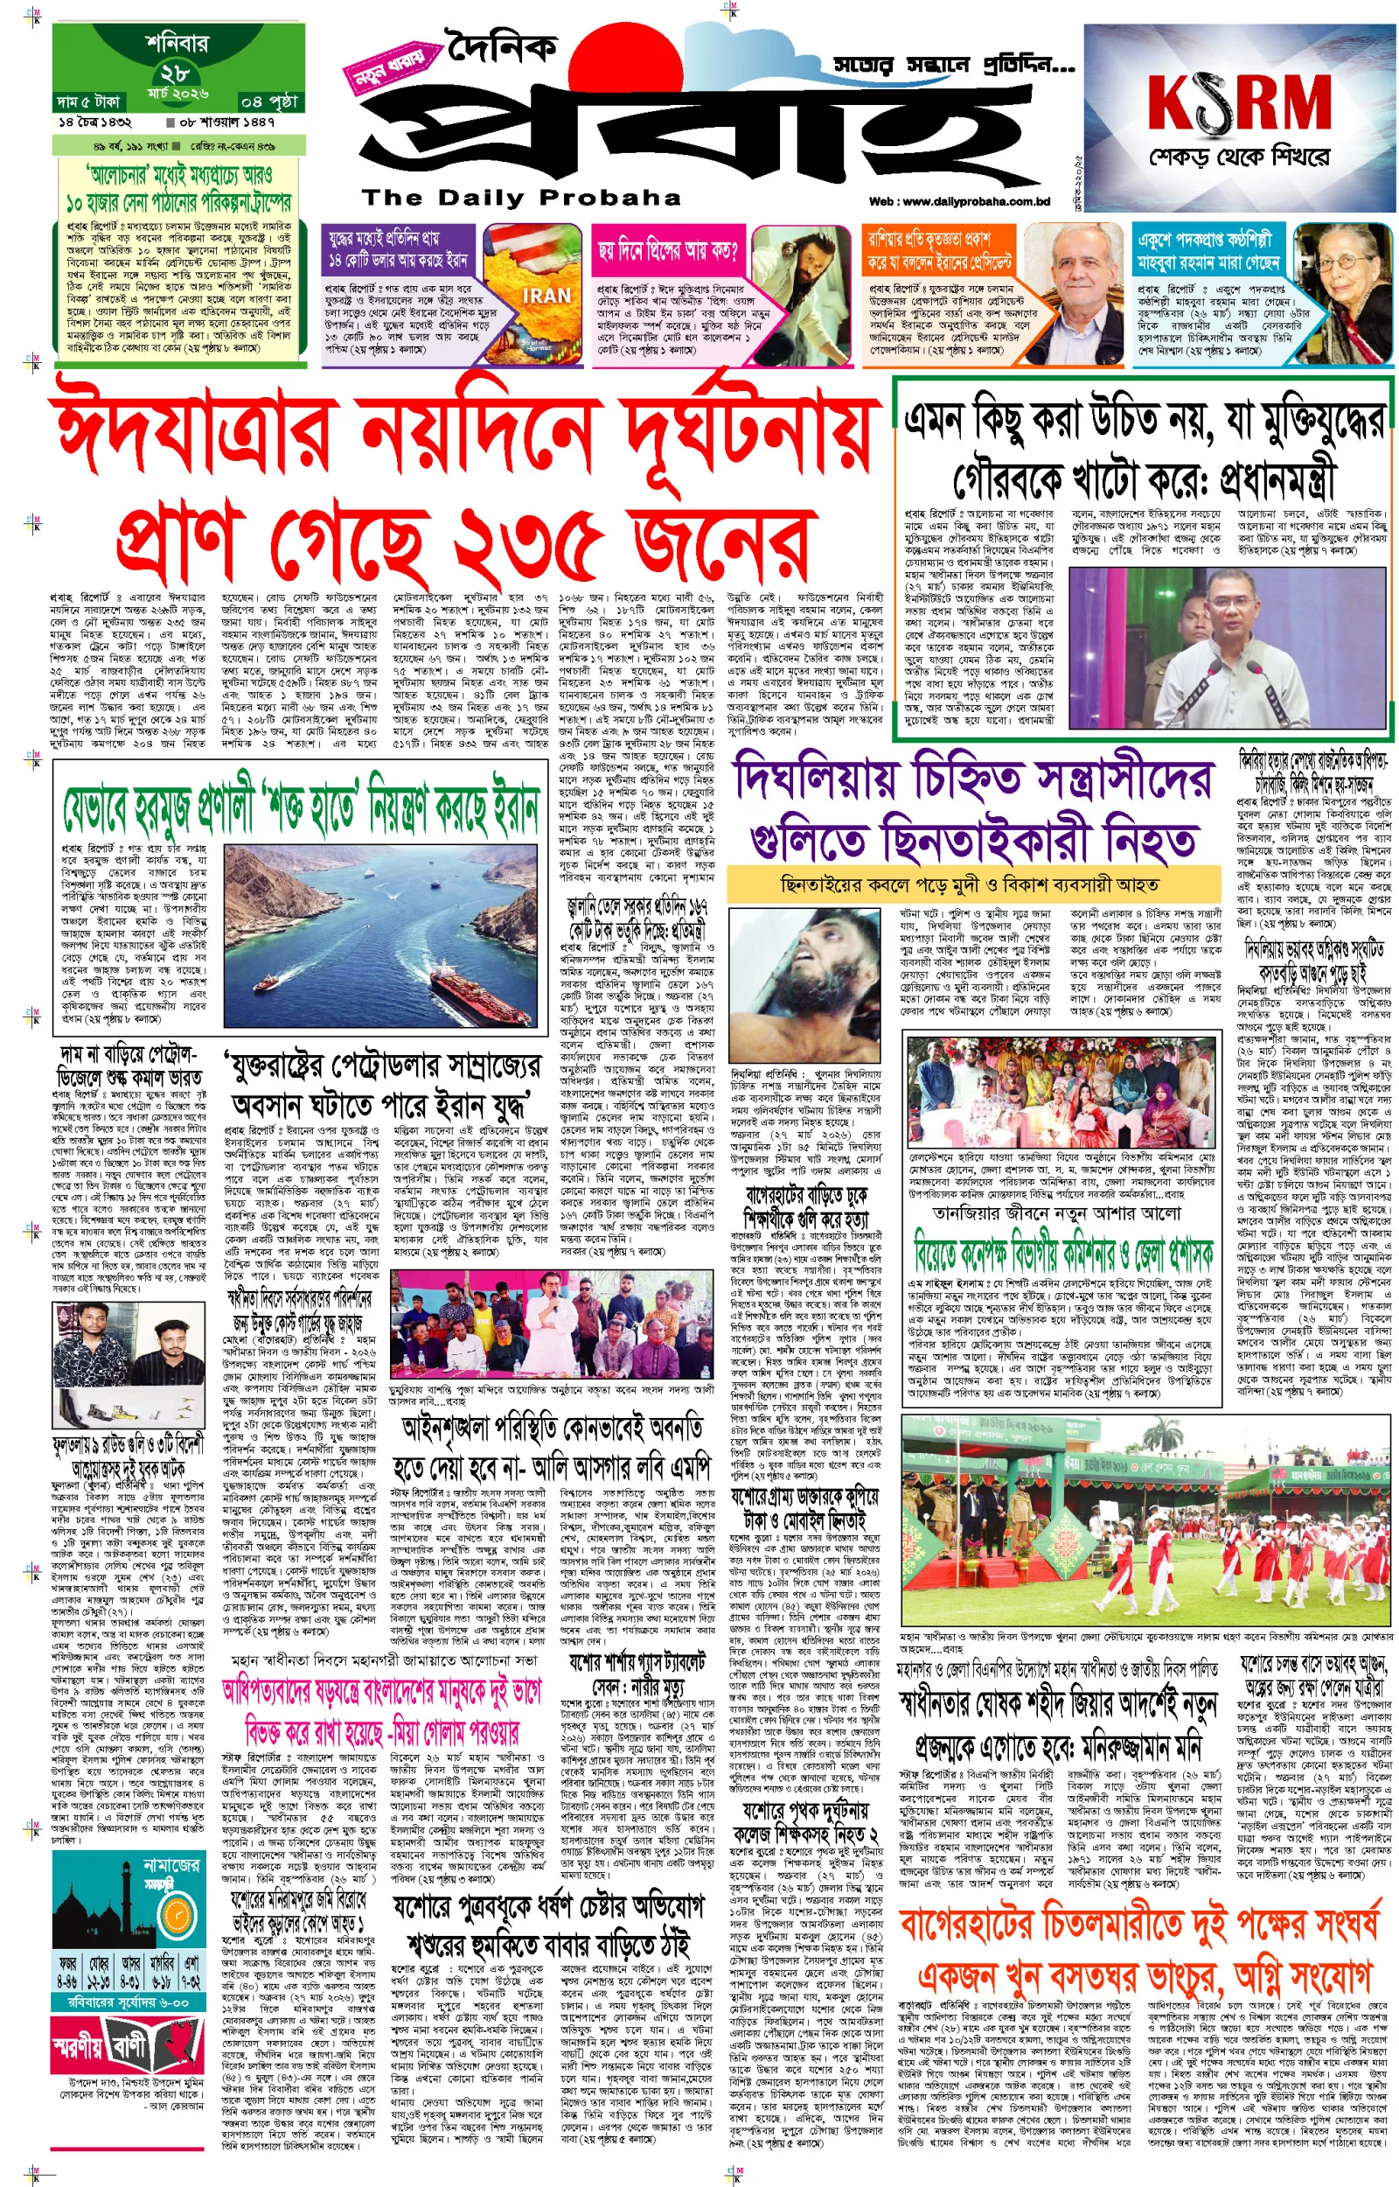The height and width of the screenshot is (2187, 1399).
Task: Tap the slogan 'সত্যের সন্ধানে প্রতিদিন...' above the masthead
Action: [954, 65]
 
